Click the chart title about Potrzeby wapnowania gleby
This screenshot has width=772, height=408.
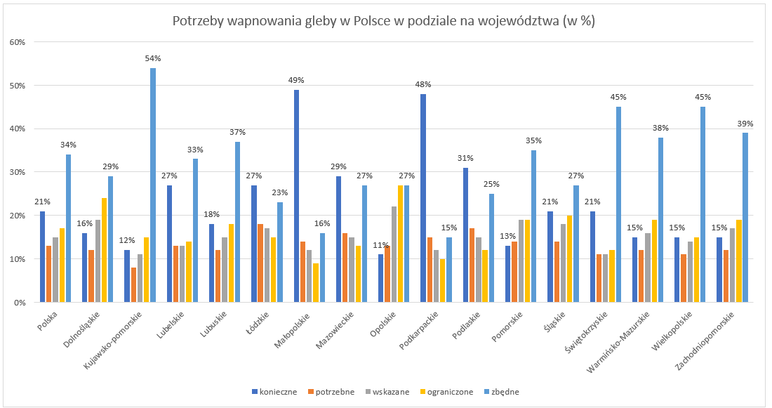384,21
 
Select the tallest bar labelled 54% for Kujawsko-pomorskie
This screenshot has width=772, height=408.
153,185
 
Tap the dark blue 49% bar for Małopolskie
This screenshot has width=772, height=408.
297,197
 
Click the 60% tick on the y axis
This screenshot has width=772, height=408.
17,42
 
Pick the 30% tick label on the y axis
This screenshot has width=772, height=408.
17,173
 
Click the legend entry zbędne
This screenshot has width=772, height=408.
502,392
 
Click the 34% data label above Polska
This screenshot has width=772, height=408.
68,145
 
